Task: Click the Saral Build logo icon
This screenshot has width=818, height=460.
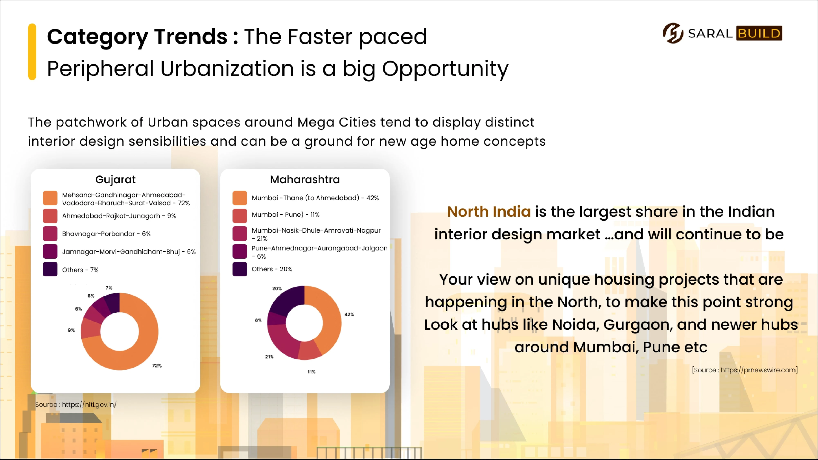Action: click(673, 33)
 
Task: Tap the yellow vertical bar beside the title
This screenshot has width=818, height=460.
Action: click(32, 52)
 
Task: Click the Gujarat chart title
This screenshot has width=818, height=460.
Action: click(116, 180)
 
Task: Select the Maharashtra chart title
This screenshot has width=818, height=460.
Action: click(305, 180)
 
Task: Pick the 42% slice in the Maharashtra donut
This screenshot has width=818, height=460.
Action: click(330, 318)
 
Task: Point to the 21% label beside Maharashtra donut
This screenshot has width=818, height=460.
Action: click(269, 357)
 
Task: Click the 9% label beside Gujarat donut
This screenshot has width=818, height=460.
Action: click(71, 330)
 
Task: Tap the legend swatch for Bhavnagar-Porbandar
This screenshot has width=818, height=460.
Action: click(50, 234)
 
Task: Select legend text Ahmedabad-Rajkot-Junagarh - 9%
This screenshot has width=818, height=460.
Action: click(119, 216)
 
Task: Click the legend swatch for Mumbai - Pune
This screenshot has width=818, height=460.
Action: click(240, 216)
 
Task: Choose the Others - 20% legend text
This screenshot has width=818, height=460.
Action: click(272, 269)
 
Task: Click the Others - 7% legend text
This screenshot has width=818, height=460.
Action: click(80, 270)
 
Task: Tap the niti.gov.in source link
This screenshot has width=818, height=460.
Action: click(76, 404)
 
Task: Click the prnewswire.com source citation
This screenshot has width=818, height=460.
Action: click(745, 370)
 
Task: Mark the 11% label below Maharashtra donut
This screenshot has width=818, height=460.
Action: click(311, 372)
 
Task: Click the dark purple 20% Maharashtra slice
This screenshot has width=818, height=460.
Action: click(287, 300)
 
